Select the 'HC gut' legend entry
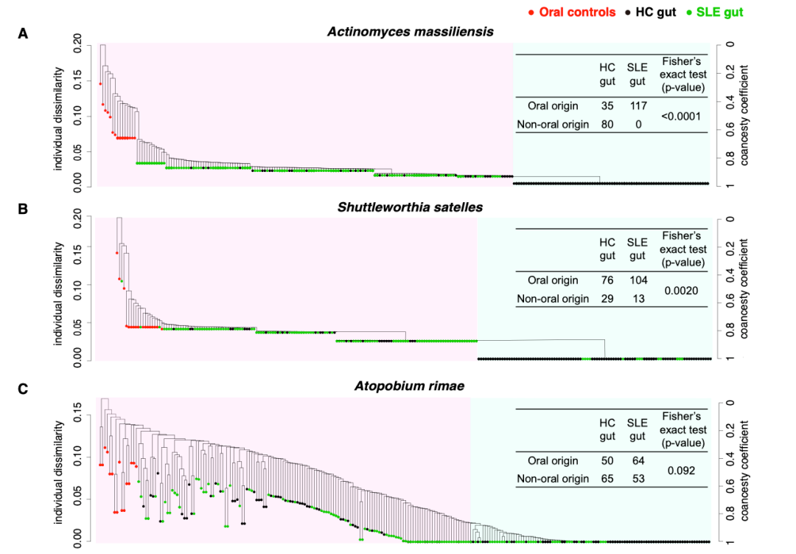tap(651, 12)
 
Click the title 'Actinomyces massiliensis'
tap(411, 32)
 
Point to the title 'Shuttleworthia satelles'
tap(410, 207)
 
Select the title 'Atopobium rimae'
tap(410, 386)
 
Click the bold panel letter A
tap(23, 33)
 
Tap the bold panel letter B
tap(23, 209)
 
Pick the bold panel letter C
tap(23, 387)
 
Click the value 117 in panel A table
tap(638, 106)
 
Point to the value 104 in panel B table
tap(638, 280)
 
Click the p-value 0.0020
tap(682, 291)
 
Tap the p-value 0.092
tap(682, 470)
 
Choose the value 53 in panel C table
tap(638, 479)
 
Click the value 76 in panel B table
tap(607, 280)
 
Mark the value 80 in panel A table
tap(607, 125)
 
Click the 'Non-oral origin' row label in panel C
tap(553, 479)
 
